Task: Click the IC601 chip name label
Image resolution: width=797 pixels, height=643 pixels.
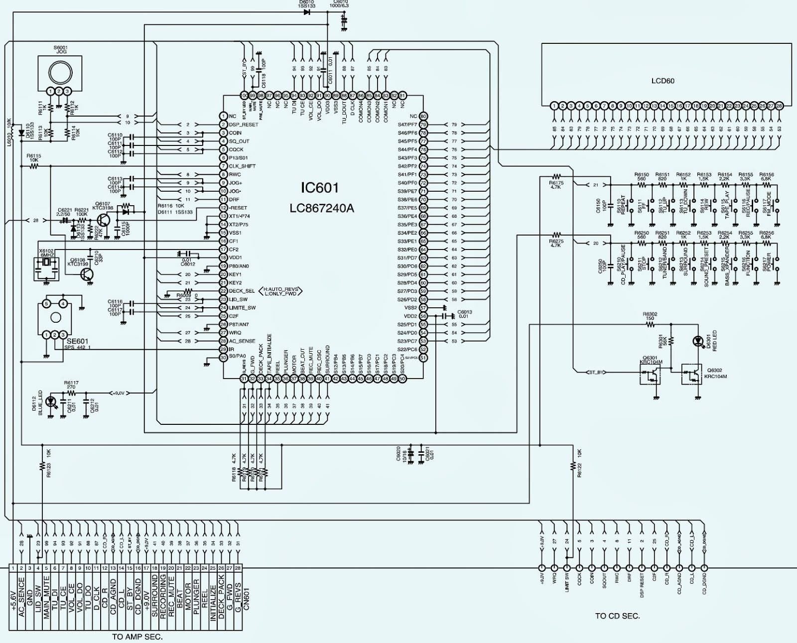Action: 319,188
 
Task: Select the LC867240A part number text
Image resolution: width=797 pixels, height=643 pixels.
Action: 321,208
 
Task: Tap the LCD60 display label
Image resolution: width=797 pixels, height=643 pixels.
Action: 663,81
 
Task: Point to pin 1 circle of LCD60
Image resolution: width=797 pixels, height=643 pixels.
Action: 554,106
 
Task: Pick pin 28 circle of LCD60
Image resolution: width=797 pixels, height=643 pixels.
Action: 779,106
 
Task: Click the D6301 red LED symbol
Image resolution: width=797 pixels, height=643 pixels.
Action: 697,341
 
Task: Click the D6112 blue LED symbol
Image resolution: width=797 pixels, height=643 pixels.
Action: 50,401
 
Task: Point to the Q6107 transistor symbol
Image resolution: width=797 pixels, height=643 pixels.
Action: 104,220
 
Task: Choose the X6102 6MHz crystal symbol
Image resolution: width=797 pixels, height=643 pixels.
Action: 45,263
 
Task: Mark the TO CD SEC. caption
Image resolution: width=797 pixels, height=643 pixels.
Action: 617,616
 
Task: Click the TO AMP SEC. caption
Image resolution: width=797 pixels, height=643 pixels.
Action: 137,637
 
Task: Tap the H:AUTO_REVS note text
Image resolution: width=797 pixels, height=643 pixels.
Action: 280,288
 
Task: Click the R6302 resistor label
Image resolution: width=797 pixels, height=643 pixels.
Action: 650,314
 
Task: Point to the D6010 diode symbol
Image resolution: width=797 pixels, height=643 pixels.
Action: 307,12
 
